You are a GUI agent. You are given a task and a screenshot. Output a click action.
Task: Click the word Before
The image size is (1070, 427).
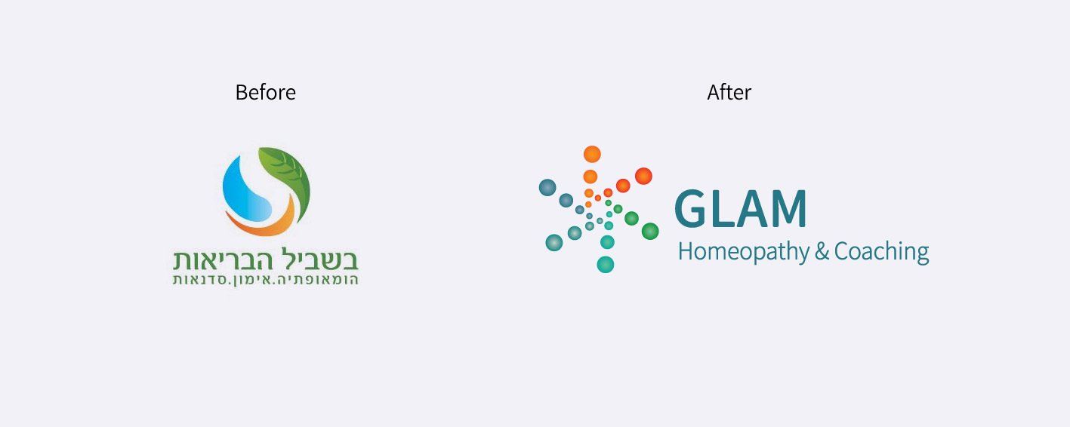[x=265, y=92]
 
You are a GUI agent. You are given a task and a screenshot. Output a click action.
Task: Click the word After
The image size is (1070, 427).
[x=729, y=92]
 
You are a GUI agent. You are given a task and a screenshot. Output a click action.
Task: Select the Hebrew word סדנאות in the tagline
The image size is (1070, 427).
[x=202, y=280]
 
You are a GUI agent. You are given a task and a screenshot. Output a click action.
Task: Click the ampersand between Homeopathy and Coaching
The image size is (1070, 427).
[x=822, y=251]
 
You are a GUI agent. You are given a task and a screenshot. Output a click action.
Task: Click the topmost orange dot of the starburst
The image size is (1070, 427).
[x=592, y=154]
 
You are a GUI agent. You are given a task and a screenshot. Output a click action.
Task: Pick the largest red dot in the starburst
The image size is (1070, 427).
[x=643, y=176]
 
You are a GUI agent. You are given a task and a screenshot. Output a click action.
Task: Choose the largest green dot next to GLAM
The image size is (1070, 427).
[x=649, y=232]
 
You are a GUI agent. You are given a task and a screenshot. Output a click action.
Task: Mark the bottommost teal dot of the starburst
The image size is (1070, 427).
[x=605, y=264]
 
